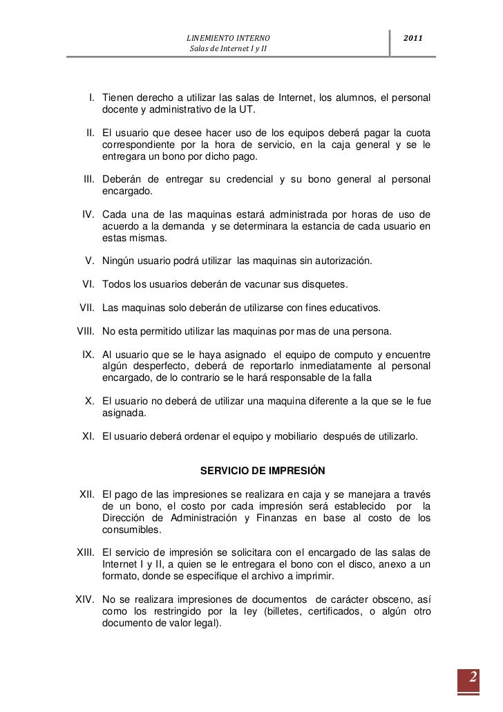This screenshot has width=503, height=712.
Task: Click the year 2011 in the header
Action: (414, 36)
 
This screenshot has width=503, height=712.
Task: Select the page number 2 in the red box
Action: (474, 676)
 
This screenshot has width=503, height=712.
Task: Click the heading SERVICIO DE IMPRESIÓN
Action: (262, 471)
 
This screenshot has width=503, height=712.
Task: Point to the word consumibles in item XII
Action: (131, 530)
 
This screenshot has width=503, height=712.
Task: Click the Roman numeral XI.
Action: (88, 437)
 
